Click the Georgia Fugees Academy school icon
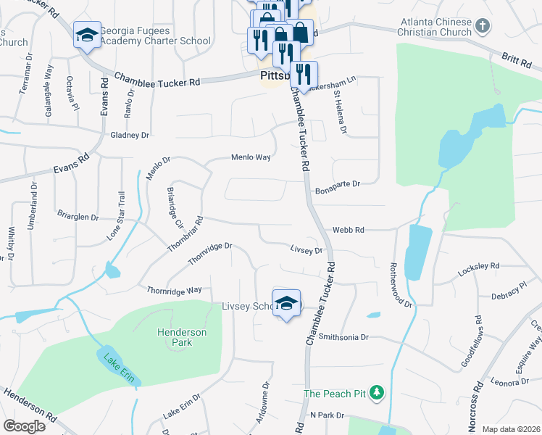86,36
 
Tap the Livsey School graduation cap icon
287,303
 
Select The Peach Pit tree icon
375,394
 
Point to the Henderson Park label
182,337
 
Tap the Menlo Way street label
251,157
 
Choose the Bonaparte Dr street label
338,184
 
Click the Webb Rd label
348,230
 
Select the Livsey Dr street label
306,250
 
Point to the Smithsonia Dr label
344,337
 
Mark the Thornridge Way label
174,290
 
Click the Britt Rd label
516,62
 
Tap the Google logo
24,426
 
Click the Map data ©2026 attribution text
510,429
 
